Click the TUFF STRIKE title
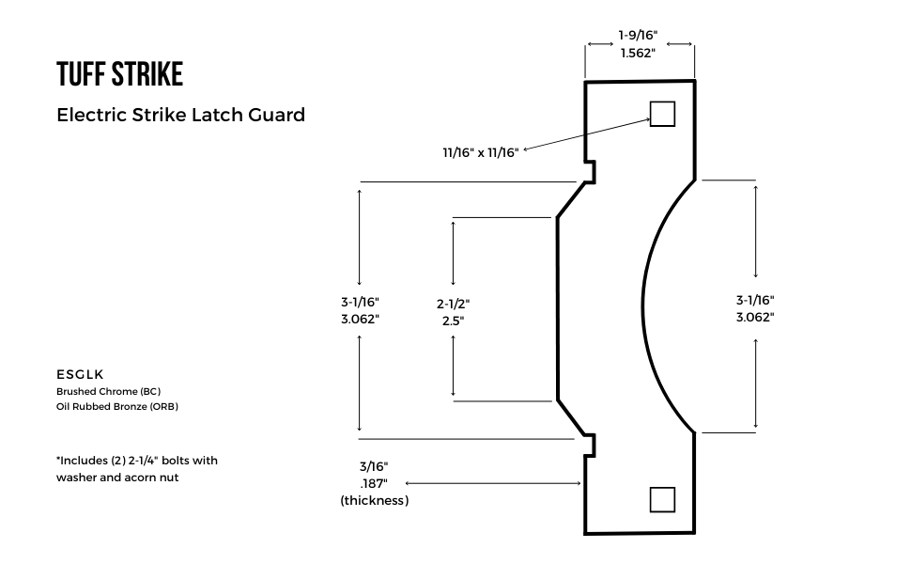point(119,73)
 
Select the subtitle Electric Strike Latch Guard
point(180,115)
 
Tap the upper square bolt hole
point(662,114)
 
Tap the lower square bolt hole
point(662,499)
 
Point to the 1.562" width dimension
point(638,53)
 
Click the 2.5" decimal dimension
point(453,321)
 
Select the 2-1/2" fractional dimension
point(453,304)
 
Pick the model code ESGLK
point(80,373)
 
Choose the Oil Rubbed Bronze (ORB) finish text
point(117,407)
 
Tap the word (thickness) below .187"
point(374,500)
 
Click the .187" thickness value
point(373,483)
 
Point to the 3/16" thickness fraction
point(373,466)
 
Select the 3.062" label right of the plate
point(755,317)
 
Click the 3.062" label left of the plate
point(360,319)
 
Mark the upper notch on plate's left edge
point(590,171)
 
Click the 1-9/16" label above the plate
point(638,35)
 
